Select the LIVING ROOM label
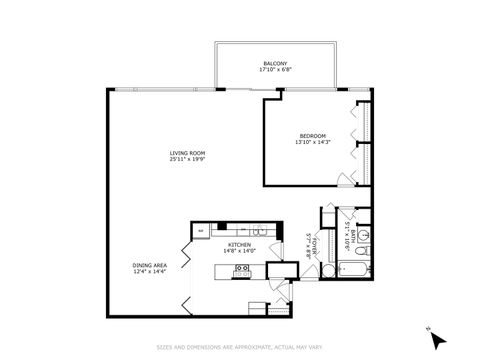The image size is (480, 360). pos(185,152)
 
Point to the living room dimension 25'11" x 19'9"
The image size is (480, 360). pos(185,159)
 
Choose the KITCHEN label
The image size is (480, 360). pos(238,245)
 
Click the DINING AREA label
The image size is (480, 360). pos(149,265)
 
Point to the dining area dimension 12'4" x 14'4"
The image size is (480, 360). pos(149,272)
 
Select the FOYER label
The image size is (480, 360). pos(315,246)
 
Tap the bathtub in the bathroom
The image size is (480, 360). pos(354,269)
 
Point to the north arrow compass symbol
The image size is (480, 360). pos(435,339)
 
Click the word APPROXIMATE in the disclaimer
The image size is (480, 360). pos(239,348)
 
